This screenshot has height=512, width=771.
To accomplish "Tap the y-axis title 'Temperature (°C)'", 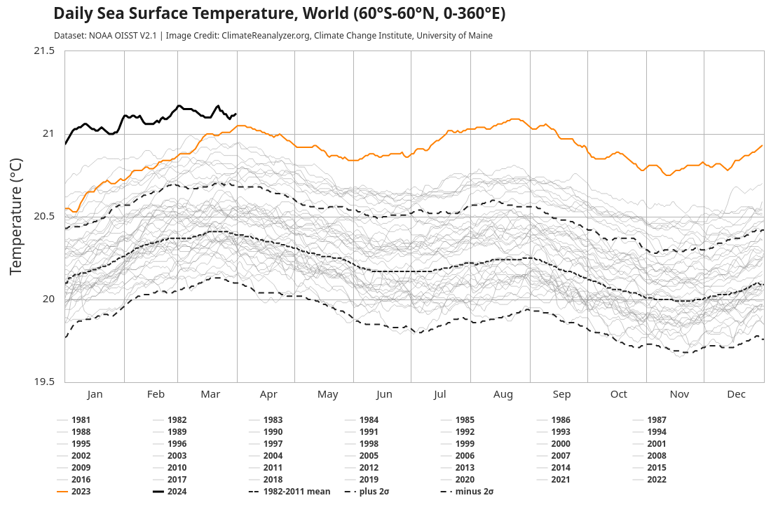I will (x=16, y=216).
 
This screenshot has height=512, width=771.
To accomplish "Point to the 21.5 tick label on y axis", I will (x=43, y=50).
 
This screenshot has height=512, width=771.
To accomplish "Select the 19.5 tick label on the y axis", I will (x=43, y=382).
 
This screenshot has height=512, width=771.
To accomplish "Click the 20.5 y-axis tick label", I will (x=43, y=216).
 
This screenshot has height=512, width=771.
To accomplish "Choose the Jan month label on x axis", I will (x=95, y=394).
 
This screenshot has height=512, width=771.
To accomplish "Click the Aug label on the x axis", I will (x=503, y=394).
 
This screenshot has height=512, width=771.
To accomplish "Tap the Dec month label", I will (x=736, y=394).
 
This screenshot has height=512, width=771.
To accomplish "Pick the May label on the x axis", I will (x=327, y=394).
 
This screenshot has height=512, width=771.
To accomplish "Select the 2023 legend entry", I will (x=81, y=492).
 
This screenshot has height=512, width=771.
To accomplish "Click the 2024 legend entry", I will (x=177, y=492).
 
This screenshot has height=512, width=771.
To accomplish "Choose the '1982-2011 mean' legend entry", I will (x=296, y=492).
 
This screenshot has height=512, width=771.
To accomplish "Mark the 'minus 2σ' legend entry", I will (x=474, y=492).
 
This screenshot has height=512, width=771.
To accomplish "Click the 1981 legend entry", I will (x=81, y=420).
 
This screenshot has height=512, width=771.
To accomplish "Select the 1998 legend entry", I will (x=369, y=444).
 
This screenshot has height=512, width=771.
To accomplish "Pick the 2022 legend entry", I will (x=657, y=480).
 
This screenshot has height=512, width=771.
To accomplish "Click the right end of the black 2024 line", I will (x=236, y=114).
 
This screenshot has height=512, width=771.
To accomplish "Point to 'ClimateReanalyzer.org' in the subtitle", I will (x=266, y=36).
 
